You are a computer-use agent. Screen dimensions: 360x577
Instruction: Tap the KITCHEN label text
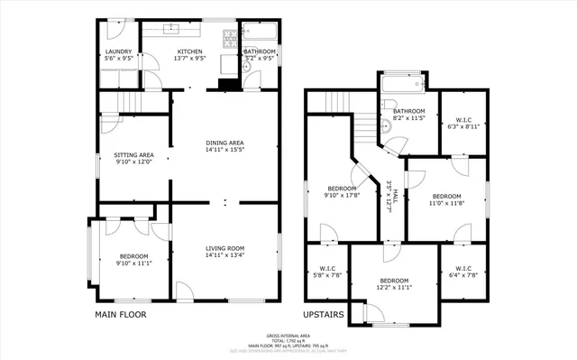click(190, 52)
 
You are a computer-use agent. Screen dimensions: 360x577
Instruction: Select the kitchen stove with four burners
click(229, 37)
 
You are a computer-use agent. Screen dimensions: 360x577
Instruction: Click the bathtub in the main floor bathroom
click(261, 34)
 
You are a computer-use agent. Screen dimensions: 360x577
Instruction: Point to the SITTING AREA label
click(133, 155)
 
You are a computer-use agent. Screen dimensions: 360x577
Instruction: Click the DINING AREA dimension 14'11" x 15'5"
click(225, 150)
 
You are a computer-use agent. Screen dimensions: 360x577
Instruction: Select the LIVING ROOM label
click(225, 248)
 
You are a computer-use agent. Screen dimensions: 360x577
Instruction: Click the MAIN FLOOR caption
click(120, 315)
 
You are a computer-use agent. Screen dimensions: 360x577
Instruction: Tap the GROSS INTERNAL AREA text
click(288, 334)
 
